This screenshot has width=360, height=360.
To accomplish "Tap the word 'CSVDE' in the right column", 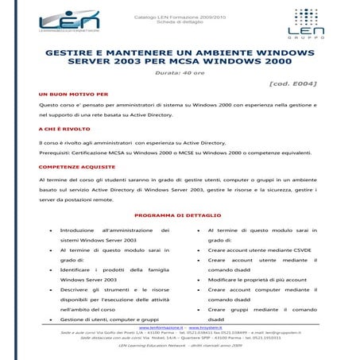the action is [296, 250].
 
